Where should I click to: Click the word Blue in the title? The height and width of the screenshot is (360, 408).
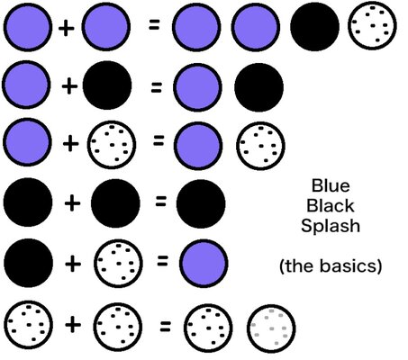(331, 185)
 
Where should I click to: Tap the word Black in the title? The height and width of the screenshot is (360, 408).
(331, 206)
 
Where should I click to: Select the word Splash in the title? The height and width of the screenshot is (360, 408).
(331, 226)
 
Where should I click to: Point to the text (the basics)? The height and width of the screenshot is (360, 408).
(331, 266)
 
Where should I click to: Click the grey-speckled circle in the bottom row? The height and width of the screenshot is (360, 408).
(271, 328)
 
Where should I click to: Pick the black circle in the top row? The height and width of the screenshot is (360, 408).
(314, 26)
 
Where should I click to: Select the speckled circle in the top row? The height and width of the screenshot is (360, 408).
(372, 27)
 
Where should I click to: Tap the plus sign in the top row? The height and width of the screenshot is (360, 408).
(66, 29)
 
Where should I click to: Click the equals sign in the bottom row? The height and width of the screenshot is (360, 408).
(165, 327)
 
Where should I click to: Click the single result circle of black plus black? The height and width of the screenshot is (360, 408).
(201, 203)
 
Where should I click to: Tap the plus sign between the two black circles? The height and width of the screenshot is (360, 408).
(72, 203)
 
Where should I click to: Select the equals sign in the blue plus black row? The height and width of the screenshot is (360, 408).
(156, 87)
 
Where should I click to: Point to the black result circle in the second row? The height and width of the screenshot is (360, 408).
(258, 87)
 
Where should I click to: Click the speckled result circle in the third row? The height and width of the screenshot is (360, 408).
(260, 146)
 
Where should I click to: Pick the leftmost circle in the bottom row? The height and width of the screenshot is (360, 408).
(29, 325)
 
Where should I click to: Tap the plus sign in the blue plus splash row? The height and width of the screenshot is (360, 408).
(71, 144)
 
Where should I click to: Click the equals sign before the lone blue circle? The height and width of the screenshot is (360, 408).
(162, 261)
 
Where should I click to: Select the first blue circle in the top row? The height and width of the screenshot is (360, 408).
(28, 27)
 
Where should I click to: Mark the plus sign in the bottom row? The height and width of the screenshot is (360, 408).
(73, 325)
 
